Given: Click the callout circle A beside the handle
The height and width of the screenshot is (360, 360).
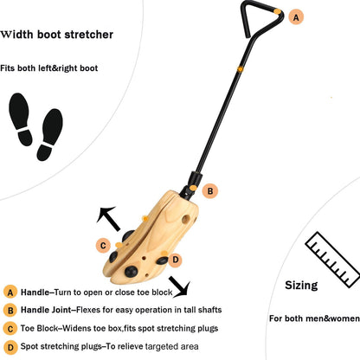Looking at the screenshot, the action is pyautogui.click(x=296, y=17).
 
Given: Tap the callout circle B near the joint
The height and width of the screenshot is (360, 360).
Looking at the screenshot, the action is pyautogui.click(x=210, y=191).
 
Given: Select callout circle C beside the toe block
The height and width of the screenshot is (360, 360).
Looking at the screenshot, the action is pyautogui.click(x=103, y=246).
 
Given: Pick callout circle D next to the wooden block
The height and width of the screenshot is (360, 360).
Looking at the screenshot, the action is pyautogui.click(x=176, y=260).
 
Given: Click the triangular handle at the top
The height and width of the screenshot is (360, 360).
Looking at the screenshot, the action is pyautogui.click(x=261, y=19).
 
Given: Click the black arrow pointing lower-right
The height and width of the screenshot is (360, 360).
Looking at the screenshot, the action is pyautogui.click(x=179, y=286).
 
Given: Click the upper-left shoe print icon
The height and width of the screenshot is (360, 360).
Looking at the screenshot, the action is pyautogui.click(x=21, y=119).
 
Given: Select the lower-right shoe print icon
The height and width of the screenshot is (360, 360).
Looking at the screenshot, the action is pyautogui.click(x=50, y=134).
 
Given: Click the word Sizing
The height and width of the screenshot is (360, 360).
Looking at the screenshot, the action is pyautogui.click(x=301, y=286).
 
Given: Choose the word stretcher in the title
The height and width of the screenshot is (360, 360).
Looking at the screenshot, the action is pyautogui.click(x=89, y=35).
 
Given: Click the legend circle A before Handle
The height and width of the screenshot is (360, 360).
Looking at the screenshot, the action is pyautogui.click(x=10, y=292).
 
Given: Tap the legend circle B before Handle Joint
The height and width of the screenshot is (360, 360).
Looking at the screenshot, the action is pyautogui.click(x=10, y=311).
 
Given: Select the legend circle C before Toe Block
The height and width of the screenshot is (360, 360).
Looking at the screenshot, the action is pyautogui.click(x=10, y=329).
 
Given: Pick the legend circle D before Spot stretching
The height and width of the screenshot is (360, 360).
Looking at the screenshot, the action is pyautogui.click(x=10, y=347).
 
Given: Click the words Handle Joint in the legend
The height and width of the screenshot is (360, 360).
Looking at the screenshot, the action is pyautogui.click(x=46, y=310).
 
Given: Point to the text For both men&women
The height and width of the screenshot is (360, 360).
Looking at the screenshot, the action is pyautogui.click(x=314, y=318).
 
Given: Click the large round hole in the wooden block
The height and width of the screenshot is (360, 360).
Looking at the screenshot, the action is pyautogui.click(x=185, y=219).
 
